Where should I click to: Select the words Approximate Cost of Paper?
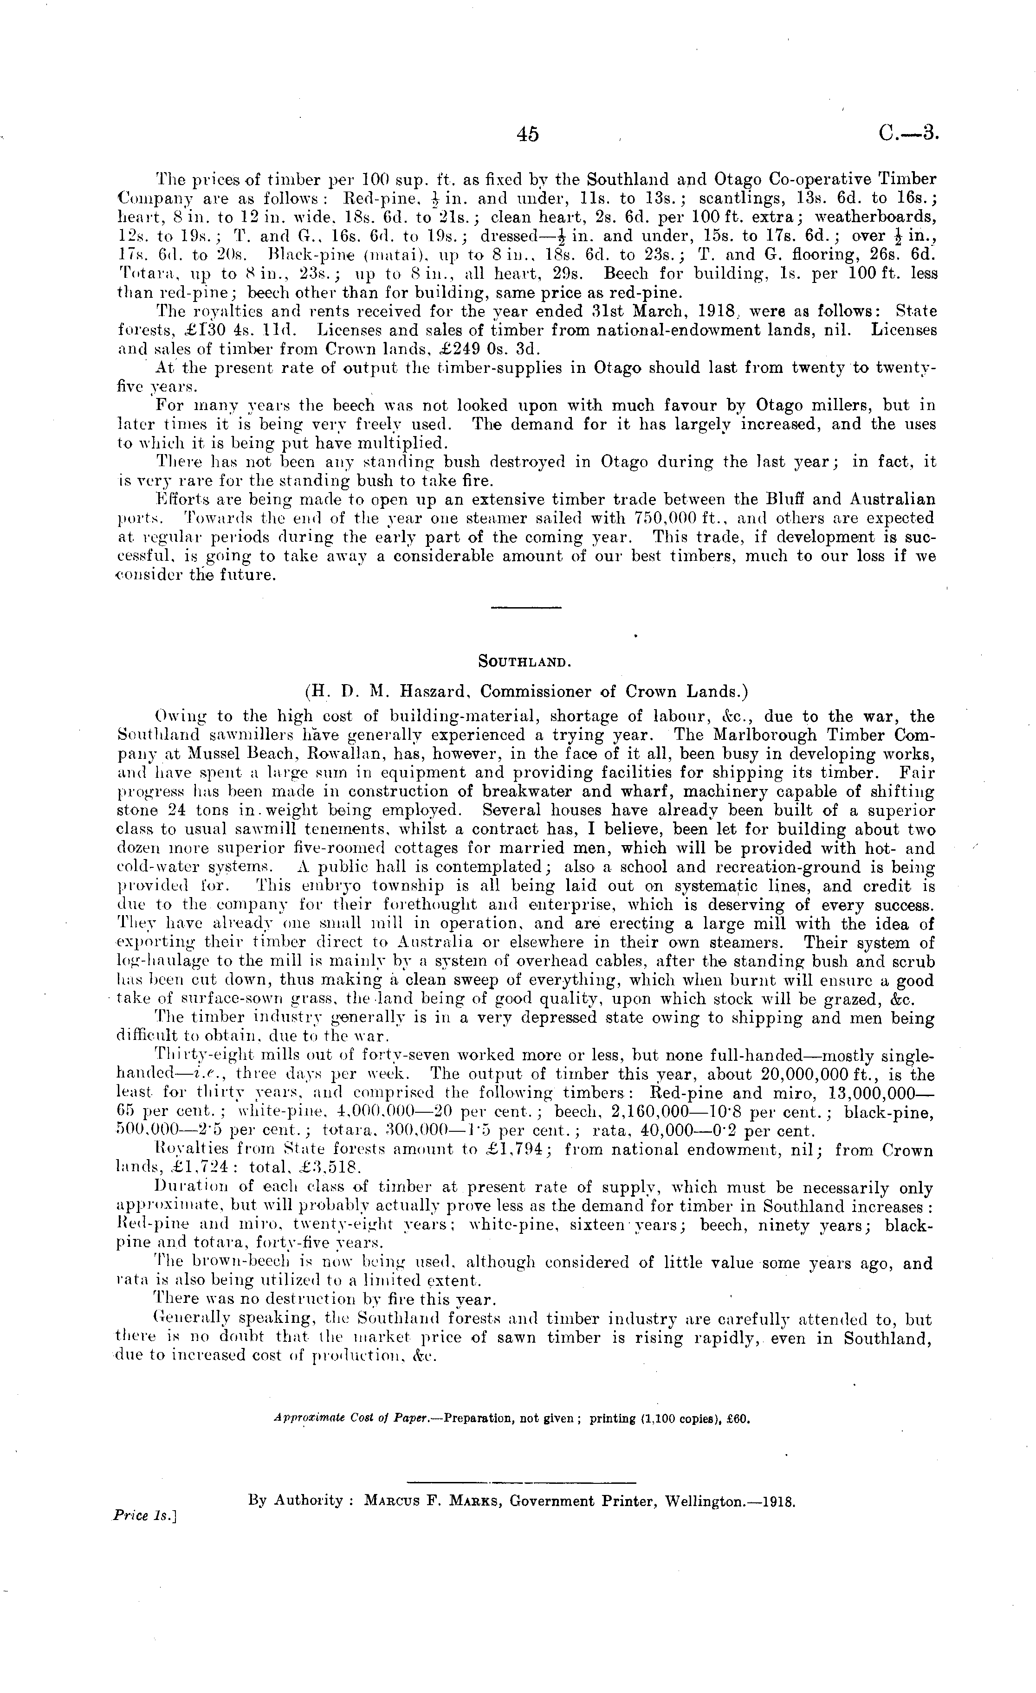tap(351, 1418)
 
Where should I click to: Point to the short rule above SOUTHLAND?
tap(527, 607)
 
